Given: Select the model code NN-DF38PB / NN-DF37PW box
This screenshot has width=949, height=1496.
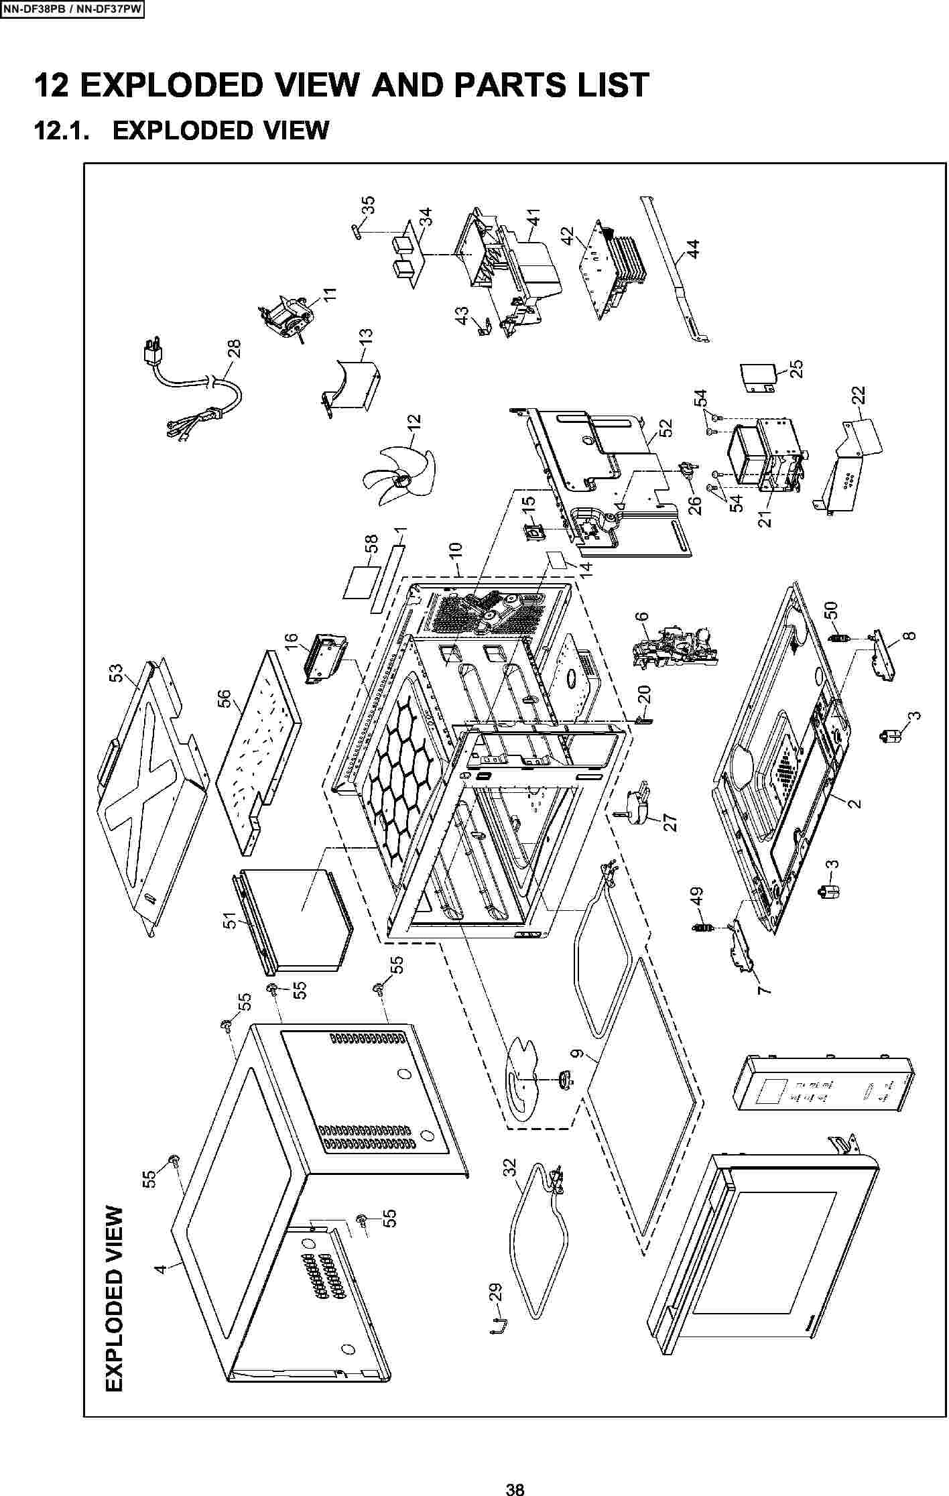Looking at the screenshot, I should [72, 9].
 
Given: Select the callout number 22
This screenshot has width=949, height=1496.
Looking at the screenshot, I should [858, 396].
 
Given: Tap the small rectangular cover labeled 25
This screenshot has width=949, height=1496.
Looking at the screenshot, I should [758, 378].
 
